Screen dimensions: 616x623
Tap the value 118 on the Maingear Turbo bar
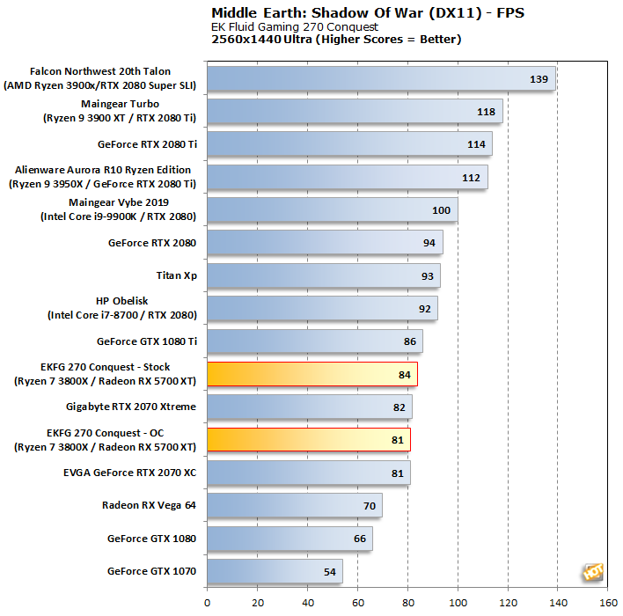tap(486, 112)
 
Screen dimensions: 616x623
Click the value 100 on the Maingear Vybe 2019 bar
tap(441, 210)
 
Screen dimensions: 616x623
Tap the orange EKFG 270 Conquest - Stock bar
tap(311, 374)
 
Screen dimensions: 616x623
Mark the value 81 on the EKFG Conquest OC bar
tap(396, 440)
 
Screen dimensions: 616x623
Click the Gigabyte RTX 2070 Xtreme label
tap(131, 407)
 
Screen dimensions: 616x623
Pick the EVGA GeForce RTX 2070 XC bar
tap(308, 473)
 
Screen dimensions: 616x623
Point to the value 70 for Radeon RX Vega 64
tap(369, 506)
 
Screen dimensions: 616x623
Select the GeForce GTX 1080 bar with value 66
tap(290, 539)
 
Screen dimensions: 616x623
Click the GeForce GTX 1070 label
tap(151, 572)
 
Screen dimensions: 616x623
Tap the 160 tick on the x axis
tap(608, 603)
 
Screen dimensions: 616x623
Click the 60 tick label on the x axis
tap(357, 603)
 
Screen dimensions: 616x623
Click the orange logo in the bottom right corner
tap(592, 572)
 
